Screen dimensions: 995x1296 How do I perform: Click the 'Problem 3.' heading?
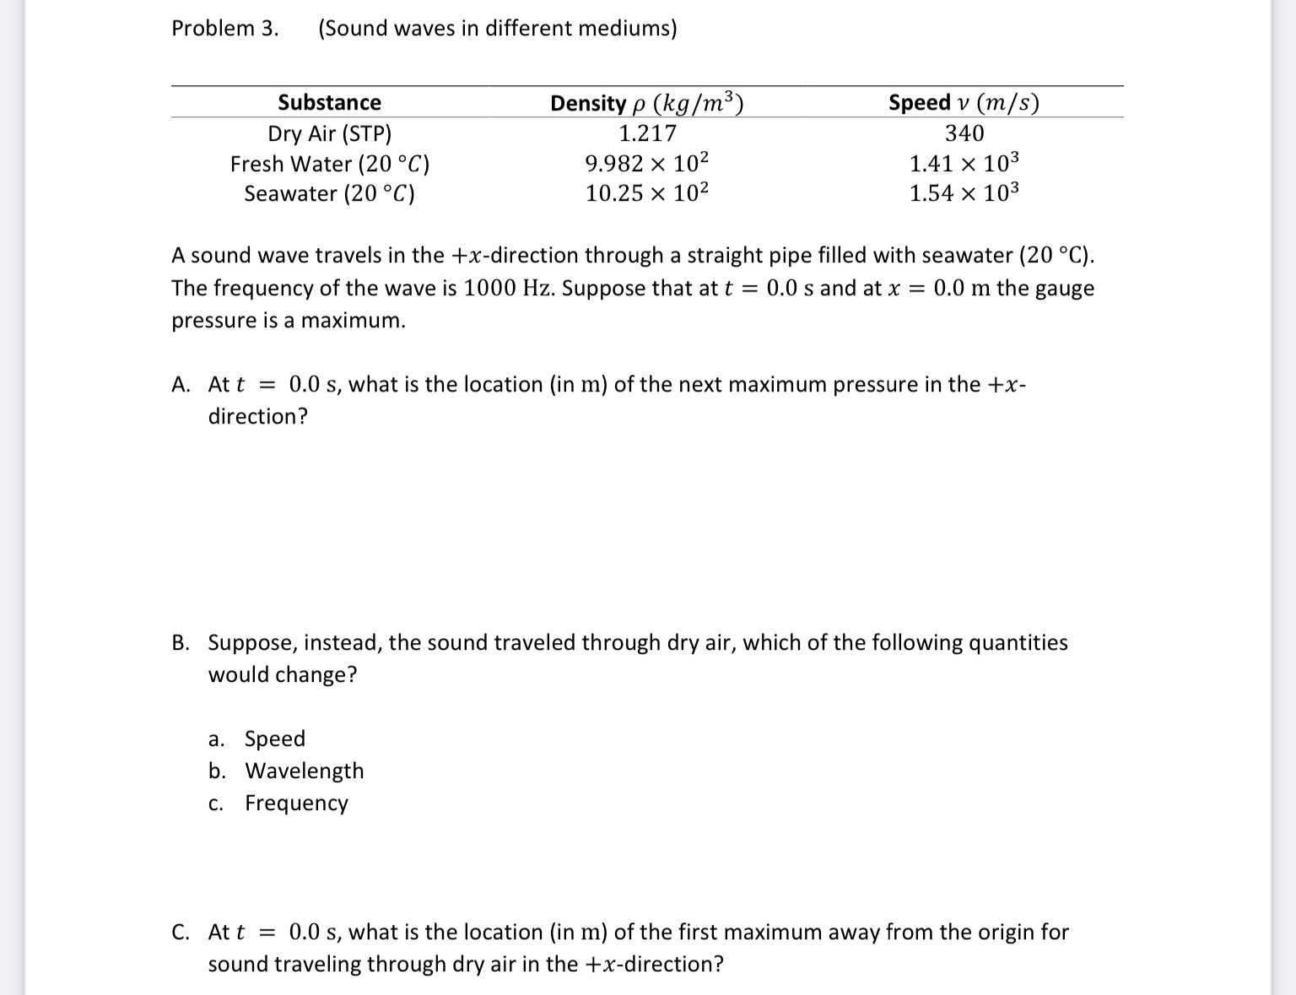pos(224,29)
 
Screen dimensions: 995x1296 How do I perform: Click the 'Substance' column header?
pos(329,103)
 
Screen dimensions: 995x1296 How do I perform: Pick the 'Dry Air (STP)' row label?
pos(329,133)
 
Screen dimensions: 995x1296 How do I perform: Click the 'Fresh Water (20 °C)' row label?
pos(329,164)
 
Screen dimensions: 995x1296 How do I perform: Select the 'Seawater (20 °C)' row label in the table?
pos(329,194)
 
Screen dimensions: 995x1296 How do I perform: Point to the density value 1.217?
pos(647,133)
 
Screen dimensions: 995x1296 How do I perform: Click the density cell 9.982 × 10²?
pos(647,163)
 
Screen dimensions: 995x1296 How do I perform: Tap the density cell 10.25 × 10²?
pos(647,193)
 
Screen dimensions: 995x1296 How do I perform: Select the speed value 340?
pos(964,133)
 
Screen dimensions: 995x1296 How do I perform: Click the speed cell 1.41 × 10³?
pos(964,163)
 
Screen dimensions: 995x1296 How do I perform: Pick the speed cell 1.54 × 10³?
pos(964,193)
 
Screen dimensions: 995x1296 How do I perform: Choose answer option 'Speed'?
pos(274,738)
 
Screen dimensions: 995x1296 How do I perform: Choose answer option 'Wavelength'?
pos(304,771)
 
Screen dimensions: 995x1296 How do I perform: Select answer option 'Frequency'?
pos(296,803)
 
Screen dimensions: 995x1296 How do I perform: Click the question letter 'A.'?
pos(181,385)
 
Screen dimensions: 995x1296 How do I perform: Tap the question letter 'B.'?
pos(181,643)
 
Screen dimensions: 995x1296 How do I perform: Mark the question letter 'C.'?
pos(181,933)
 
